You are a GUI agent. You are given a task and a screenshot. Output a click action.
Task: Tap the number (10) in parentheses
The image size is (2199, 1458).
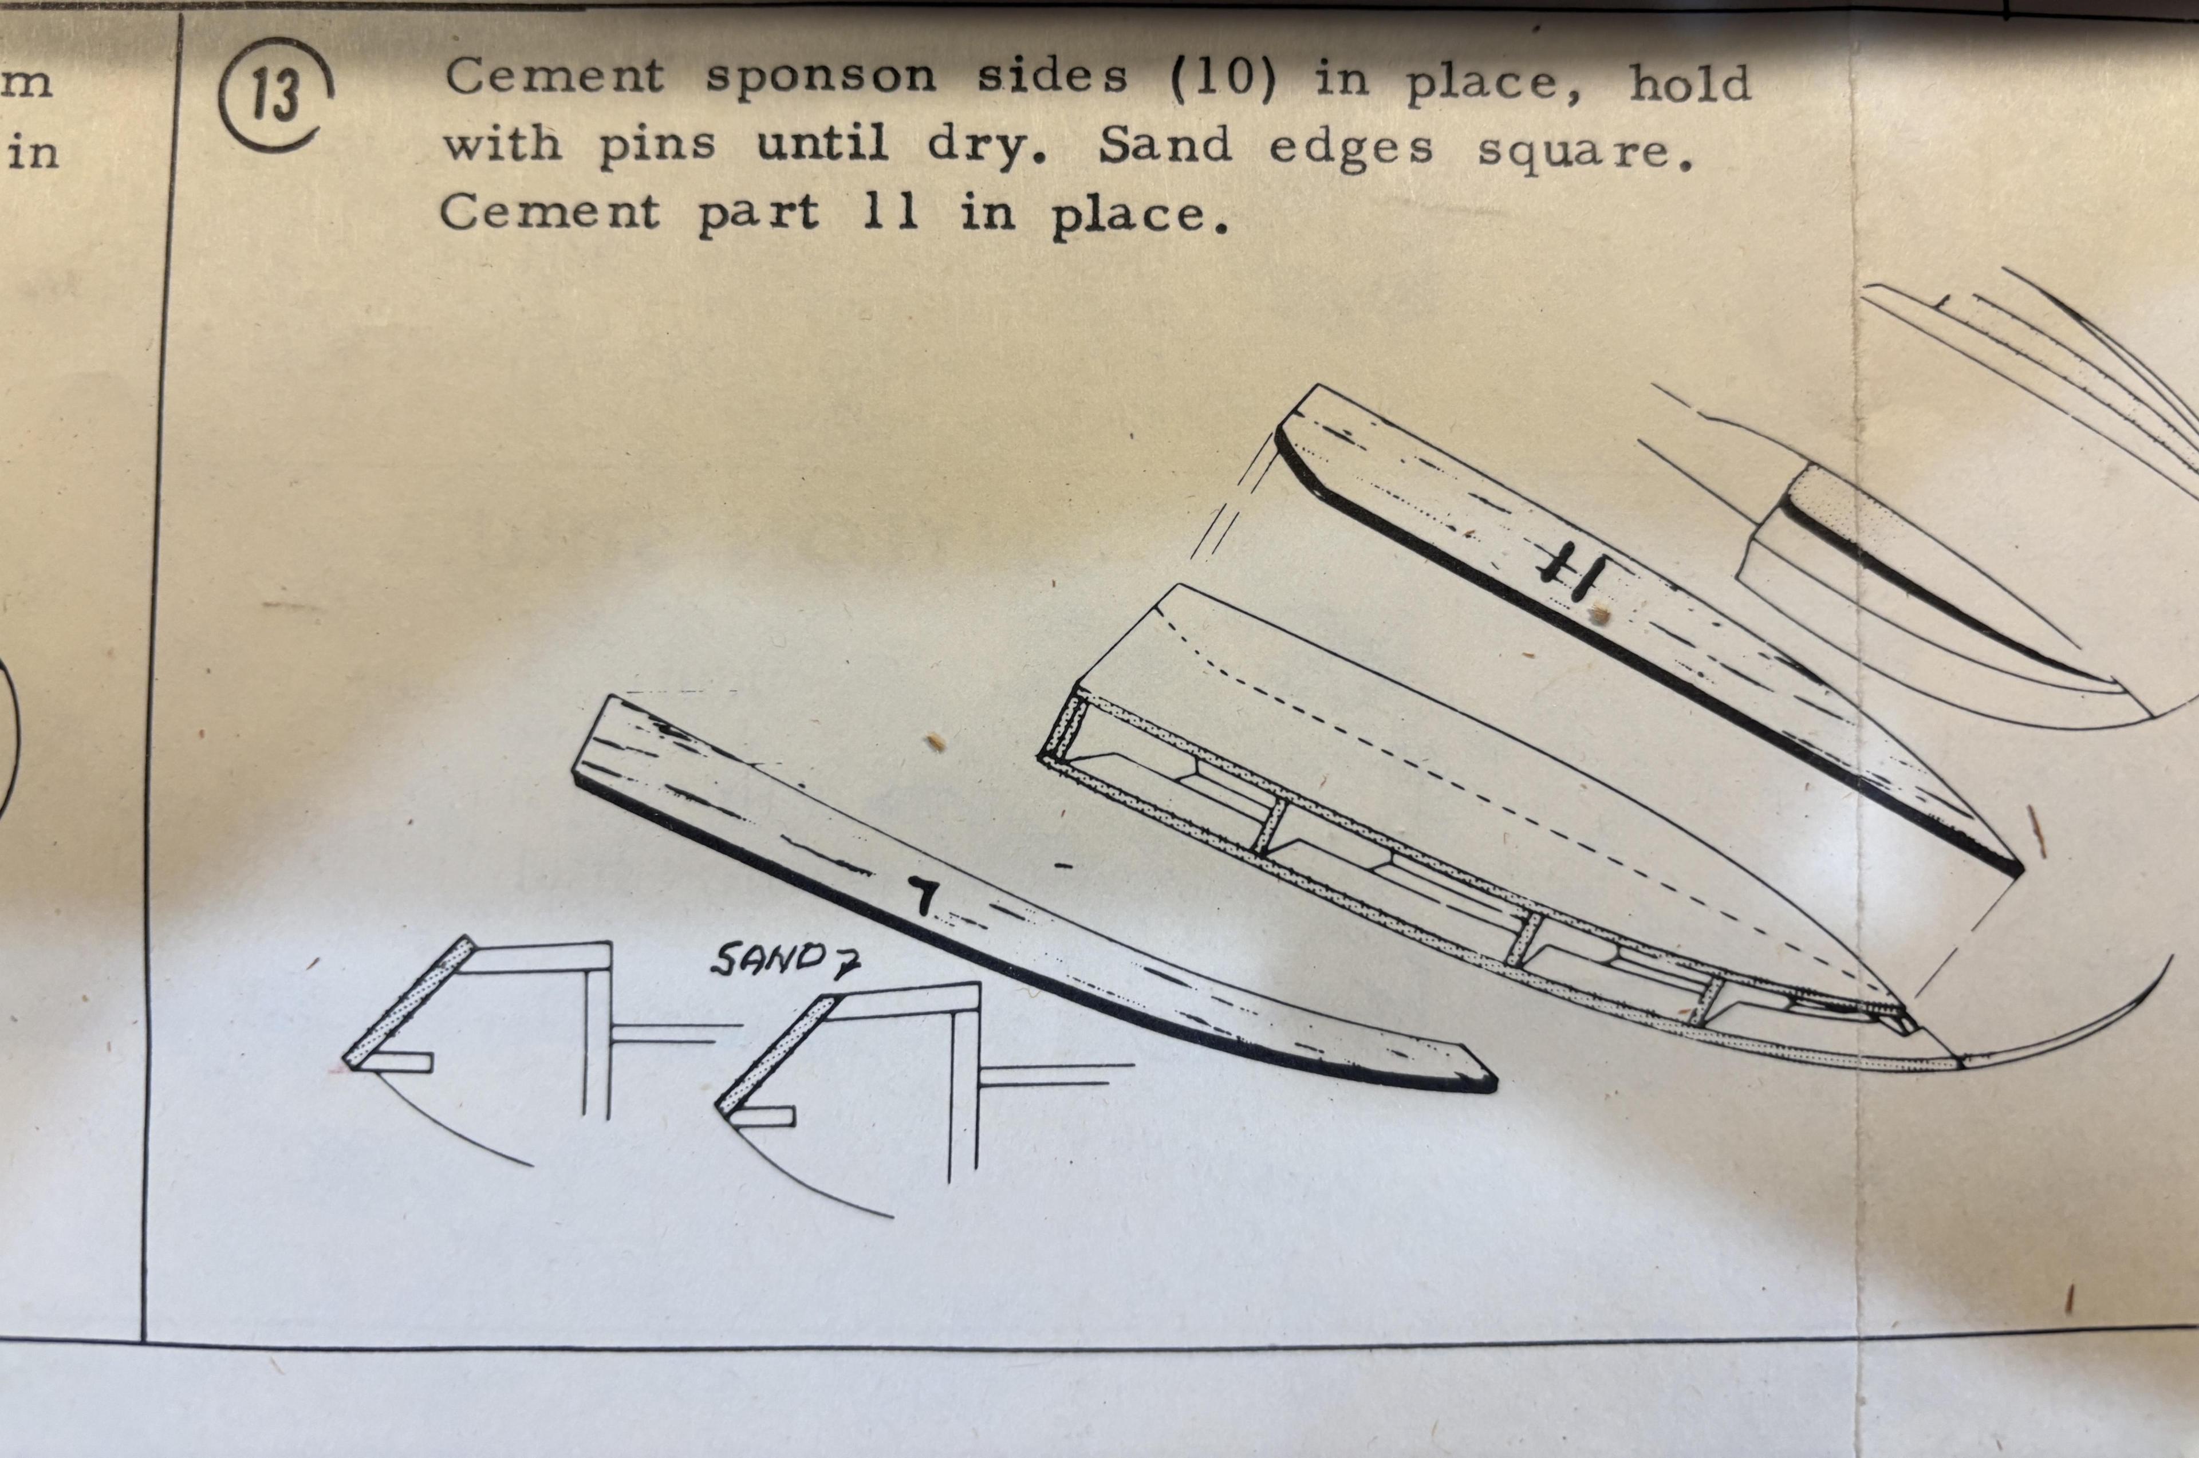(x=1221, y=79)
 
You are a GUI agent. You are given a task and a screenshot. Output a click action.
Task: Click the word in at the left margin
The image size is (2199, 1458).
(x=33, y=152)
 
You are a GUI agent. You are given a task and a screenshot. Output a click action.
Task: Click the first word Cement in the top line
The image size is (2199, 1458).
(x=555, y=76)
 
